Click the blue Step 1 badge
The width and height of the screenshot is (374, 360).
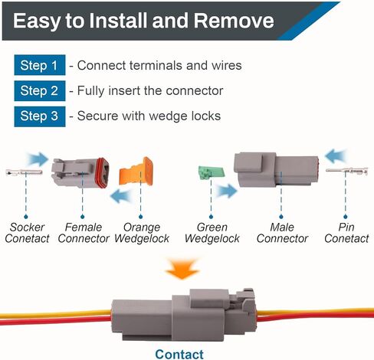40,65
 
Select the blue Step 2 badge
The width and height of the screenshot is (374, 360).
40,90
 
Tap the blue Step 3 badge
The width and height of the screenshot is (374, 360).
40,116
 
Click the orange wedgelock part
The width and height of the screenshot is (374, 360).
136,172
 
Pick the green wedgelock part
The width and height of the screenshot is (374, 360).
212,172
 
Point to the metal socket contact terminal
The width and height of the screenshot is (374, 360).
24,172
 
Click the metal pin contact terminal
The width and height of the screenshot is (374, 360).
347,171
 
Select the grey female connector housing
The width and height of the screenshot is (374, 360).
80,173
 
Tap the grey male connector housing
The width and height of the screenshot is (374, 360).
276,170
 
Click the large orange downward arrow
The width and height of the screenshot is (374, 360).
182,269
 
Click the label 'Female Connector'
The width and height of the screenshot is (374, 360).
84,233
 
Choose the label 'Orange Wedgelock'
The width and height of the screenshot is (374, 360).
142,233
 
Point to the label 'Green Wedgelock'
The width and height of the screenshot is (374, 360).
212,233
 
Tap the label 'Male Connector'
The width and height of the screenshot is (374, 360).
282,233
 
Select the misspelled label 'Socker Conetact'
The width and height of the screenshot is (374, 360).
27,233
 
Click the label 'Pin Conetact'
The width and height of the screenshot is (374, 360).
346,233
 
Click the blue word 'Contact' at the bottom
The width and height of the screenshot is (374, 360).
179,354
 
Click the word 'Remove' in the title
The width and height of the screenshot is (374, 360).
234,21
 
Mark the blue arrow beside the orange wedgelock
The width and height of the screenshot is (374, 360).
120,196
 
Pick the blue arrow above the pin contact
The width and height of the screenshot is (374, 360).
336,155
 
